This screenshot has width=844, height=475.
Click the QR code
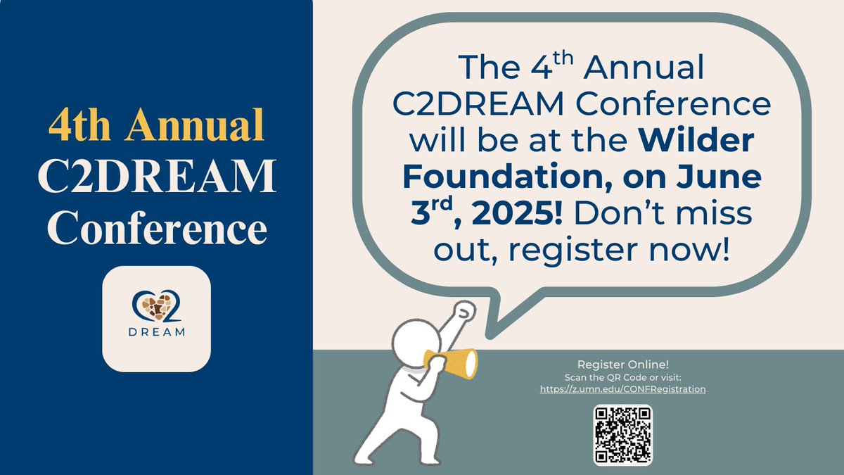622,434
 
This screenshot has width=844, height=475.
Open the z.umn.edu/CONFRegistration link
622,388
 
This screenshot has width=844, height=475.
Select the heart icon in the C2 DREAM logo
155,307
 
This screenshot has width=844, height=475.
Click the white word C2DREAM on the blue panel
156,179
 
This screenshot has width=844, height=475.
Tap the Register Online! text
622,365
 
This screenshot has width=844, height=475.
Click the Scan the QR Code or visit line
622,377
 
